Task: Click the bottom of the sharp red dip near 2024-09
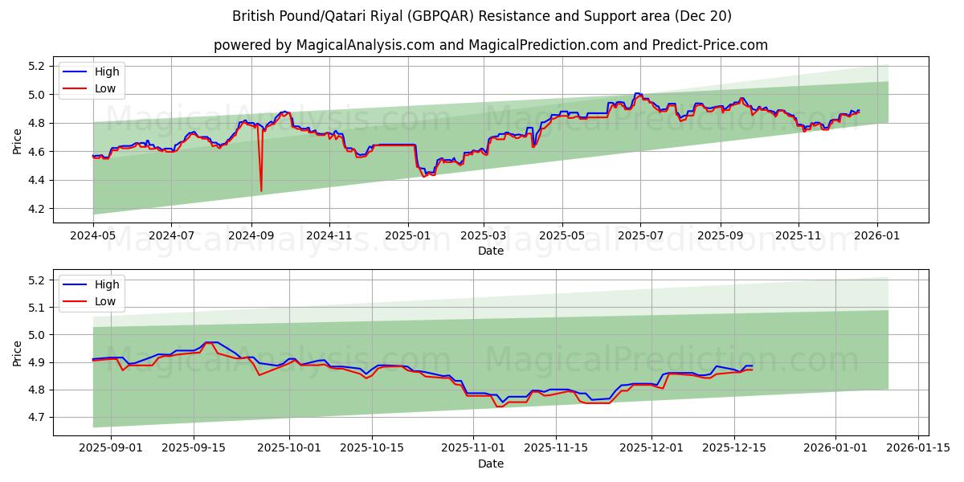261,190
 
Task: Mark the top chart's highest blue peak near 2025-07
637,94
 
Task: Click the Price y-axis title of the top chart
18,141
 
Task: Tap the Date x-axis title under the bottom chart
491,464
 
